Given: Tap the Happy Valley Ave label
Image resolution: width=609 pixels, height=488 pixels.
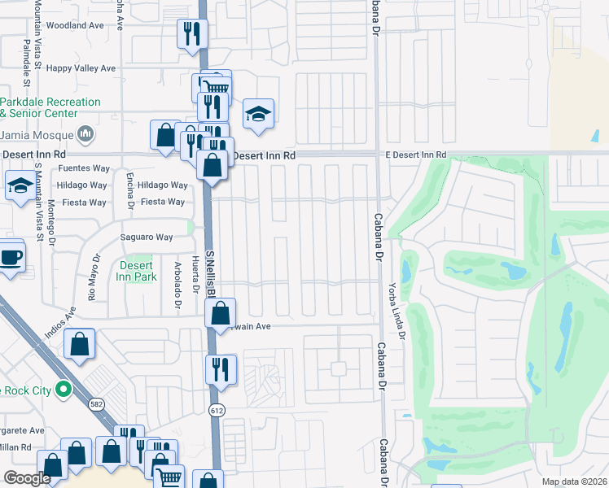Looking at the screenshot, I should click(81, 68).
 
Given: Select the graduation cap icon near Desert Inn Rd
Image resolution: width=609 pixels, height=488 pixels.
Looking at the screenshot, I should click(258, 114).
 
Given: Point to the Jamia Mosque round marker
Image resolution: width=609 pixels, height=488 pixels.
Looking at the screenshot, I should click(86, 134).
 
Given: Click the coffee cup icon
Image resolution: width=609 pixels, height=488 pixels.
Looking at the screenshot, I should click(11, 257).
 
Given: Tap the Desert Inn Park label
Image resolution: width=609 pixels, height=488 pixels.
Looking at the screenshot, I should click(137, 271).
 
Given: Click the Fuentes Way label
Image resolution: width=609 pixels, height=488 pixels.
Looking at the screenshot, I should click(84, 168).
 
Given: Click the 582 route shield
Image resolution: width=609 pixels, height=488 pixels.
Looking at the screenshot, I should click(97, 404).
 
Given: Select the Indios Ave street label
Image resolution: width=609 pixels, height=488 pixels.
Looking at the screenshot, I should click(59, 322).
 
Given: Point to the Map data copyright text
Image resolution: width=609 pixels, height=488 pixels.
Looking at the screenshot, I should click(573, 481).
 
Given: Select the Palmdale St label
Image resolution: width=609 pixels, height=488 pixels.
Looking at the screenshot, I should click(27, 63).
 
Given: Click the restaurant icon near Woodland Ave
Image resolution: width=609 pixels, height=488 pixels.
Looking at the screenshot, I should click(193, 33).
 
